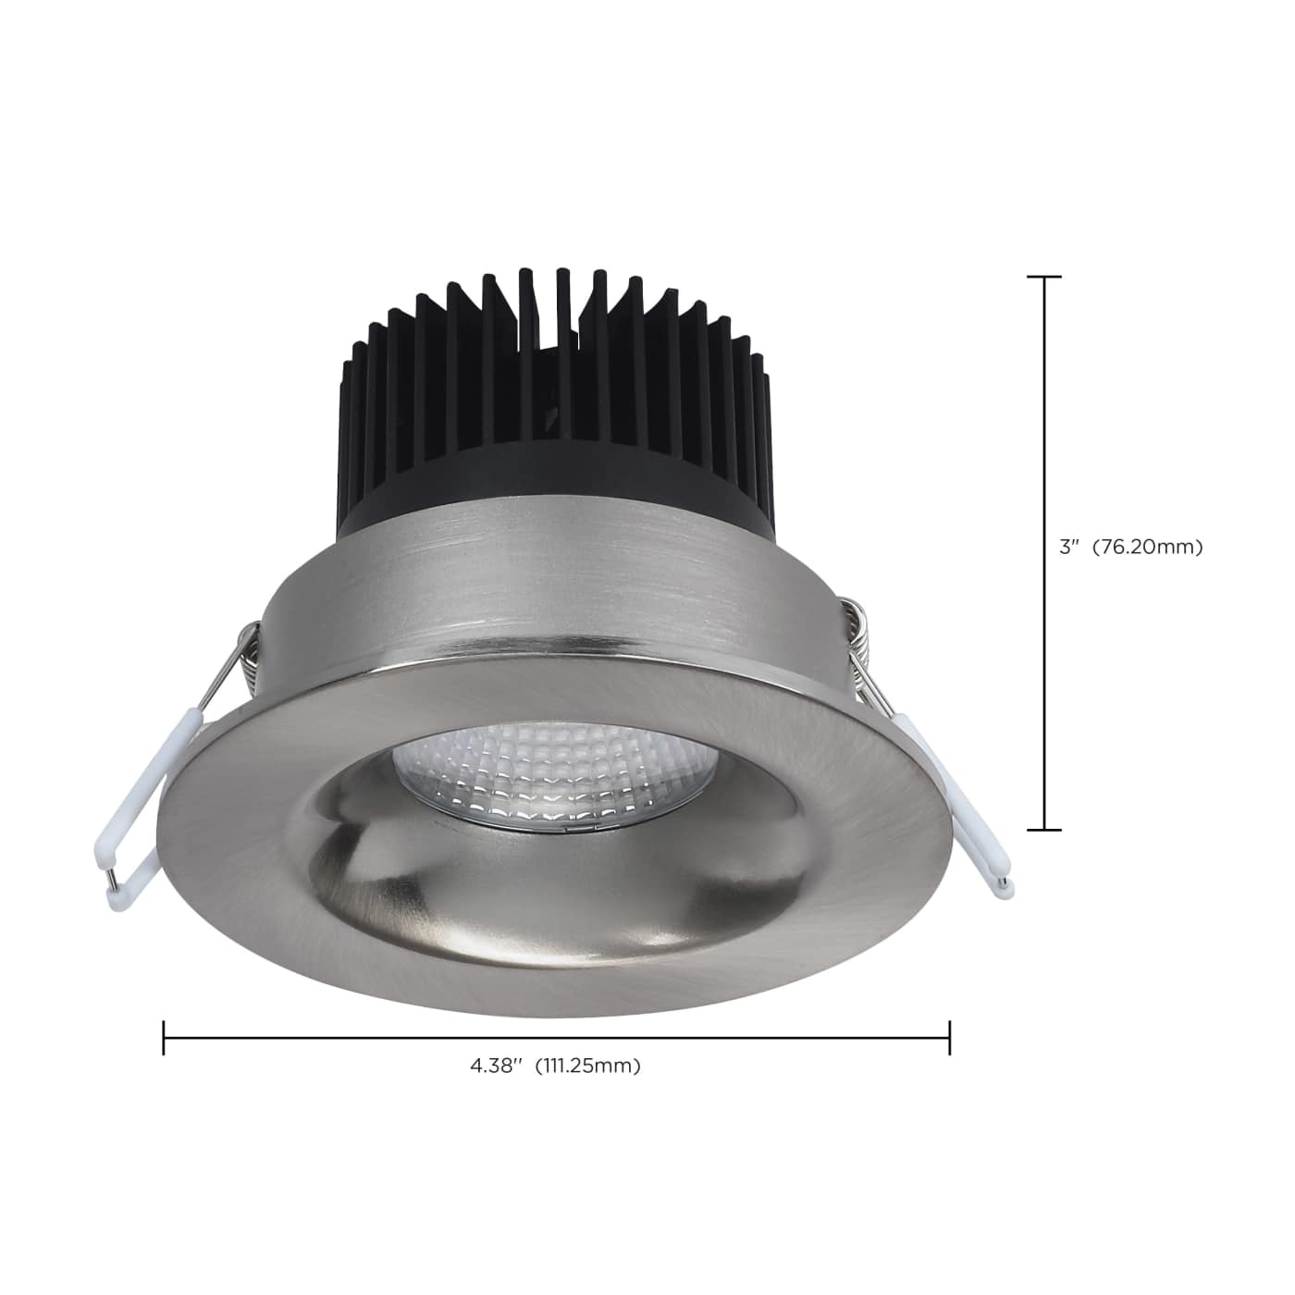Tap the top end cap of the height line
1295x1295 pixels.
pos(1045,277)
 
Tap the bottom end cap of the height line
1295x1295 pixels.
pos(1045,830)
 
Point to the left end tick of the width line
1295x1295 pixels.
pos(164,1038)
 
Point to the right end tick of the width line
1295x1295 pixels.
pos(949,1038)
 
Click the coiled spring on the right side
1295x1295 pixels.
pos(860,638)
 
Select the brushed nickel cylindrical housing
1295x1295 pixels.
pos(555,592)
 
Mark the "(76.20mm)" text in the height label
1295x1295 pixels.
pos(1147,547)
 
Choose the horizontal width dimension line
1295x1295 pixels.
pos(555,1038)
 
